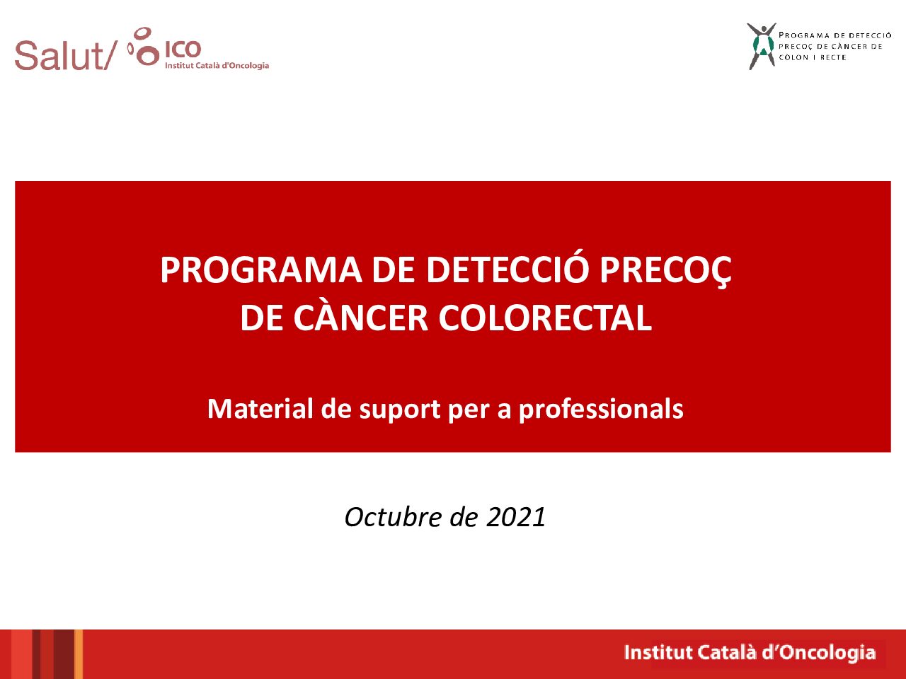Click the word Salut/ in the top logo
[x=64, y=56]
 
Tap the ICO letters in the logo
[x=183, y=49]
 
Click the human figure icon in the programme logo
[x=762, y=46]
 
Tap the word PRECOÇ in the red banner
[x=665, y=272]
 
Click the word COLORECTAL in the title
[x=545, y=318]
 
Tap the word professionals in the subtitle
[x=601, y=410]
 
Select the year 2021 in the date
[x=516, y=518]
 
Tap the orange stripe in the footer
[x=79, y=654]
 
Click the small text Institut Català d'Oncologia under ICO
[x=217, y=65]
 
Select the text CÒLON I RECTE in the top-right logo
[x=813, y=57]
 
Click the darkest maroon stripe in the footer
[x=64, y=654]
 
